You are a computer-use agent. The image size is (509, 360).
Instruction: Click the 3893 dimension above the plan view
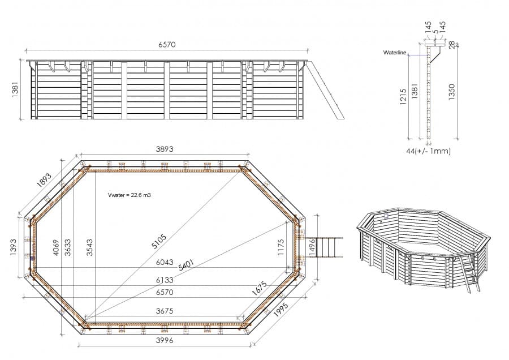click(164, 149)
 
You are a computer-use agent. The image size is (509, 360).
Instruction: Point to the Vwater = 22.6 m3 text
click(129, 195)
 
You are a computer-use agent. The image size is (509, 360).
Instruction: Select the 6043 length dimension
click(164, 262)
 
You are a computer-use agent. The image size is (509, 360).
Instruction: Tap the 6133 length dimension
click(164, 280)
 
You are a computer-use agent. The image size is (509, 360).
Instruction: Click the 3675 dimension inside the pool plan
click(164, 311)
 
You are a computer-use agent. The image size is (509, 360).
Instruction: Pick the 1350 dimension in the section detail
click(451, 92)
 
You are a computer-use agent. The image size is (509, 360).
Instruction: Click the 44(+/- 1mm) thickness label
click(428, 151)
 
